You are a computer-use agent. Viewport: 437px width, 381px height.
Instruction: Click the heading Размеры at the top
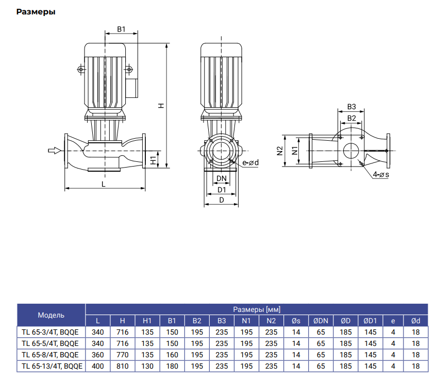[x=36, y=12]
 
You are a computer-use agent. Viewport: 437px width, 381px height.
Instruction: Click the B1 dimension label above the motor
[x=121, y=29]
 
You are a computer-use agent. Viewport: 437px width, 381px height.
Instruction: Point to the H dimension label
[x=161, y=105]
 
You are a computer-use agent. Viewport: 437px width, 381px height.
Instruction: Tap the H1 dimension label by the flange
[x=153, y=160]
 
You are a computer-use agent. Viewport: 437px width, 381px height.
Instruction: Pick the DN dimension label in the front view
[x=222, y=178]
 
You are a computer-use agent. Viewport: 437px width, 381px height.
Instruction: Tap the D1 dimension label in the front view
[x=222, y=190]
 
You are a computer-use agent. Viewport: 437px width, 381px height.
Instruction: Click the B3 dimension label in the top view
[x=351, y=107]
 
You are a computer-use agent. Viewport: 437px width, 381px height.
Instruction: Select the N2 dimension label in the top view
[x=280, y=151]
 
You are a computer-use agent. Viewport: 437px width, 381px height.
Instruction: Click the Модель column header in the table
[x=51, y=314]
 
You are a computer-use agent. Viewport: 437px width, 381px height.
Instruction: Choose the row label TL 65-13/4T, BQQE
[x=51, y=367]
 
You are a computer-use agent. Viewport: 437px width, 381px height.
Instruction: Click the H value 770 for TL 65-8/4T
[x=119, y=355]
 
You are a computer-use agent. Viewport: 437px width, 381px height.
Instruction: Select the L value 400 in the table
[x=97, y=367]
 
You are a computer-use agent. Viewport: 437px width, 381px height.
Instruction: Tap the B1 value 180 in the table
[x=172, y=367]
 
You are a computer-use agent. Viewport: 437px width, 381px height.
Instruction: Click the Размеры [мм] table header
[x=256, y=309]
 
